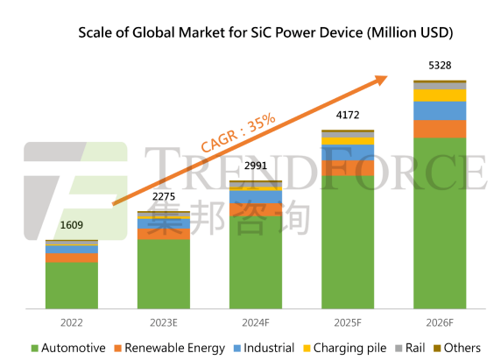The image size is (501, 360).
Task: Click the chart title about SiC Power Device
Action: [265, 32]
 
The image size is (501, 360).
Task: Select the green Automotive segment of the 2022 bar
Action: [72, 286]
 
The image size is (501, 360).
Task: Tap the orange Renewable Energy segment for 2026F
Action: [440, 129]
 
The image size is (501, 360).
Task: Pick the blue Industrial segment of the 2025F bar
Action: [348, 152]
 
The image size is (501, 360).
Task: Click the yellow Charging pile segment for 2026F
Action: [440, 95]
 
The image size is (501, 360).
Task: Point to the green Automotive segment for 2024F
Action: [256, 262]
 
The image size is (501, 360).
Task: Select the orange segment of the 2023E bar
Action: [164, 234]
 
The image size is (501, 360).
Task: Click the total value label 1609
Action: [72, 225]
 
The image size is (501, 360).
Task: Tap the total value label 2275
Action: [164, 196]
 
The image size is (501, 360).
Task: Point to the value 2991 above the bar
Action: [256, 166]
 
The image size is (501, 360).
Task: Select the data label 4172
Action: [348, 115]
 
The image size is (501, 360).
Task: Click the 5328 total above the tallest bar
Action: [440, 65]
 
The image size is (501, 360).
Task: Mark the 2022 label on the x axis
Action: [72, 322]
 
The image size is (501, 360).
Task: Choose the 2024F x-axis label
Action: [256, 322]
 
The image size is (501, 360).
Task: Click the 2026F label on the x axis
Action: [440, 322]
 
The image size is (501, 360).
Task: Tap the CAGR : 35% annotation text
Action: [238, 132]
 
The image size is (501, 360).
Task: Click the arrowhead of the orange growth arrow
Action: [382, 80]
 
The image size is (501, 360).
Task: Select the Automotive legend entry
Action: [68, 348]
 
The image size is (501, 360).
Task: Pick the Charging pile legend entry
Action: [345, 348]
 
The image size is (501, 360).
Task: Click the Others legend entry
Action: [457, 348]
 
